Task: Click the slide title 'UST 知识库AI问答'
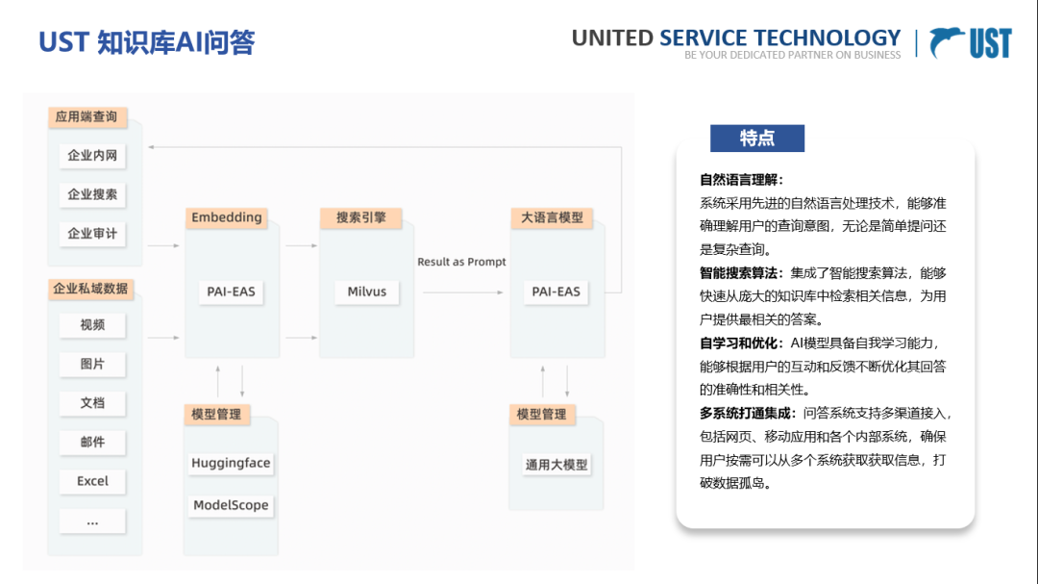point(146,42)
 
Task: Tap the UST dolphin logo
point(971,42)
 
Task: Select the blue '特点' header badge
point(757,138)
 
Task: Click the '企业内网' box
point(92,155)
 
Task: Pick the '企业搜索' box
point(92,194)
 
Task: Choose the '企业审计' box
point(92,234)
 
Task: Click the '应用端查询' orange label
point(86,117)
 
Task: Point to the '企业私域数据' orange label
point(91,289)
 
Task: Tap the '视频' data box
point(92,325)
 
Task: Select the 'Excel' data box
point(92,481)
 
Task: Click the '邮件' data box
point(92,442)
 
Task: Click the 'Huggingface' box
point(231,463)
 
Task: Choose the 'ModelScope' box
point(231,505)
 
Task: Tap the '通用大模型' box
point(556,465)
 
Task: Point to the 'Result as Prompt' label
point(461,262)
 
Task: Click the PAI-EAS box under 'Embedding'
point(232,292)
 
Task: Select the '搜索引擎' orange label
point(360,217)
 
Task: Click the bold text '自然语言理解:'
point(741,180)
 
